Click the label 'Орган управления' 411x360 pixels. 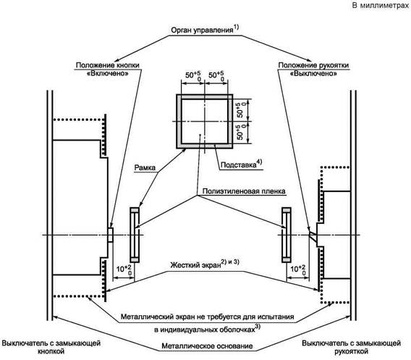click(202, 30)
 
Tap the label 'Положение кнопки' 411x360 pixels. click(108, 65)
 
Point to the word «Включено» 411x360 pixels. click(108, 73)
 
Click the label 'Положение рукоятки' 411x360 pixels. click(313, 65)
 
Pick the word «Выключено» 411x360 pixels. click(313, 73)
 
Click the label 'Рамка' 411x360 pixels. click(145, 167)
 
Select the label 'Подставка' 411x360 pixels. click(238, 164)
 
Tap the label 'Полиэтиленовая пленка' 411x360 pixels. click(244, 191)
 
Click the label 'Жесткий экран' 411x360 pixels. click(195, 265)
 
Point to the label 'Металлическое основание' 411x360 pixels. click(207, 346)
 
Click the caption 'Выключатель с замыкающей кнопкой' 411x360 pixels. click(51, 347)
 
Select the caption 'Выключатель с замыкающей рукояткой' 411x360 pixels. click(351, 347)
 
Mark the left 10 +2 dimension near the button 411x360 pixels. click(124, 269)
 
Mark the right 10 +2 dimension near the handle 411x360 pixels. click(298, 269)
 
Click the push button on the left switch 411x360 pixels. click(111, 235)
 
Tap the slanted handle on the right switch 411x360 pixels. click(313, 235)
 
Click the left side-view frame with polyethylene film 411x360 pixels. click(135, 235)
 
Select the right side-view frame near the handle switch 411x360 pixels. click(287, 235)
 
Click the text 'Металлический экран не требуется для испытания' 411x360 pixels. click(207, 317)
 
